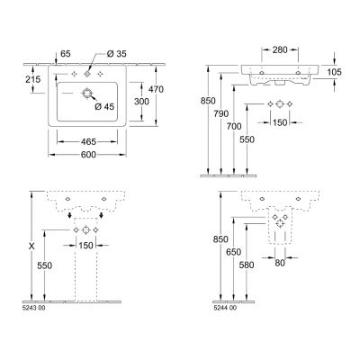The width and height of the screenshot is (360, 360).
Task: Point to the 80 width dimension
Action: tap(280, 264)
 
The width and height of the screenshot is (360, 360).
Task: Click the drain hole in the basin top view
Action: tap(88, 94)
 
